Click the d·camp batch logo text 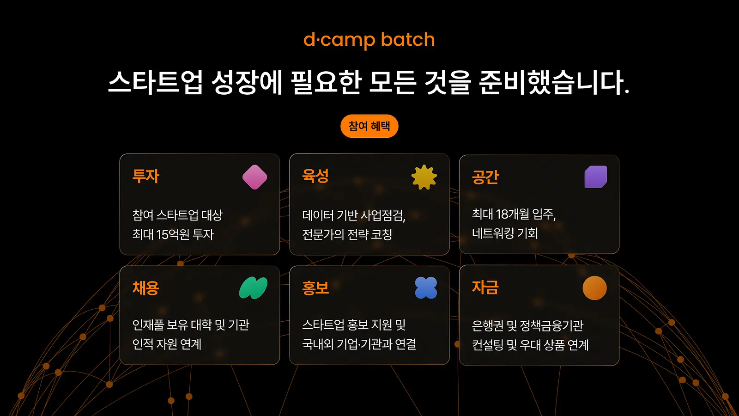tap(369, 40)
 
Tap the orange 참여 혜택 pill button tap(369, 126)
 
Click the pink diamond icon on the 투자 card tap(254, 177)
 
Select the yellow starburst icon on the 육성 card tap(424, 177)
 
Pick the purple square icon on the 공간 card tap(596, 177)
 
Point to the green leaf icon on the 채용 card tap(254, 288)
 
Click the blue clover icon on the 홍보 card tap(426, 288)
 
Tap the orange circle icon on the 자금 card tap(594, 288)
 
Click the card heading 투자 tap(146, 176)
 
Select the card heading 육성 tap(315, 176)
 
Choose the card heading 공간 tap(485, 177)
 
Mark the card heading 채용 tap(146, 288)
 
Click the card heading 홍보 tap(315, 288)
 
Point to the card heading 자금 tap(485, 287)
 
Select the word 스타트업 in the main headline tap(155, 82)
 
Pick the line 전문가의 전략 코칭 tap(347, 234)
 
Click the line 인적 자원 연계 tap(167, 344)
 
